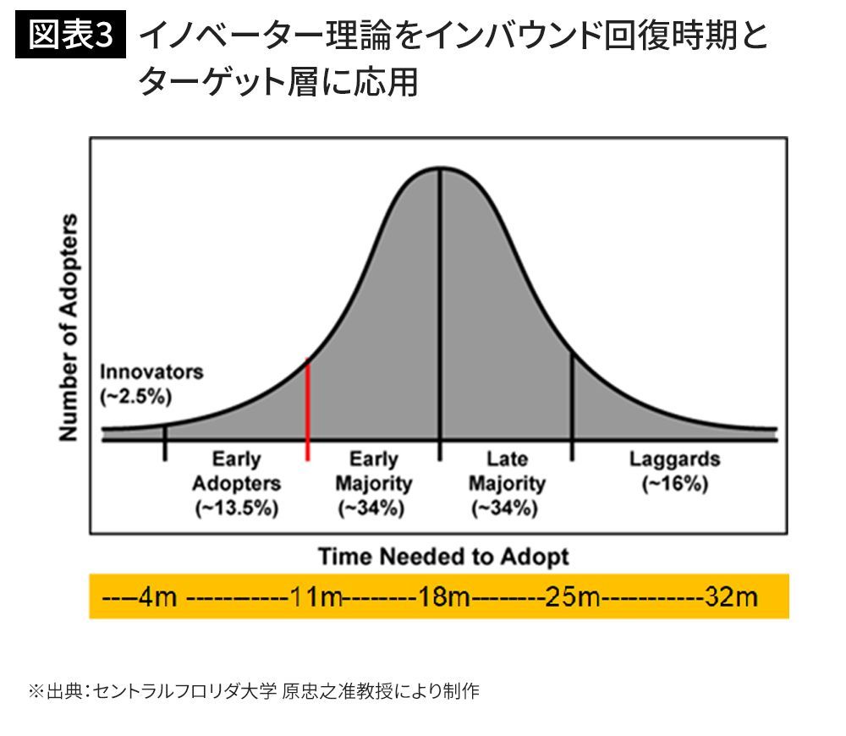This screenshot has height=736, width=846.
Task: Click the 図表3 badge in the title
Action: tap(71, 36)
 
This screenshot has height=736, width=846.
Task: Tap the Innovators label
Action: tap(151, 371)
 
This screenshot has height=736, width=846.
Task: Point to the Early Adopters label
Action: tap(236, 471)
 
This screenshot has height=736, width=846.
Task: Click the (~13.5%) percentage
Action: tap(236, 508)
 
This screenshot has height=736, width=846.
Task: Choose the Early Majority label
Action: tap(373, 471)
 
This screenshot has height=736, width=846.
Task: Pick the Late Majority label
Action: tap(507, 471)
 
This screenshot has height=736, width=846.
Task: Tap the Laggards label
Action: tap(674, 459)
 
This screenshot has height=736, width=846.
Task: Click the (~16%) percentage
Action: tap(674, 485)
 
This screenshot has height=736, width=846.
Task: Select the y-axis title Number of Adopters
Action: tap(69, 327)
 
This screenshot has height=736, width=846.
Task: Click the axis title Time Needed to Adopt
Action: tap(443, 557)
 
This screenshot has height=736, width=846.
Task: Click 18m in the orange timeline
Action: tap(444, 597)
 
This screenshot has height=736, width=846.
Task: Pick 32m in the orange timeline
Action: tap(731, 597)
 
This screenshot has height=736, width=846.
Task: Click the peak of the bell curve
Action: tap(439, 169)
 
